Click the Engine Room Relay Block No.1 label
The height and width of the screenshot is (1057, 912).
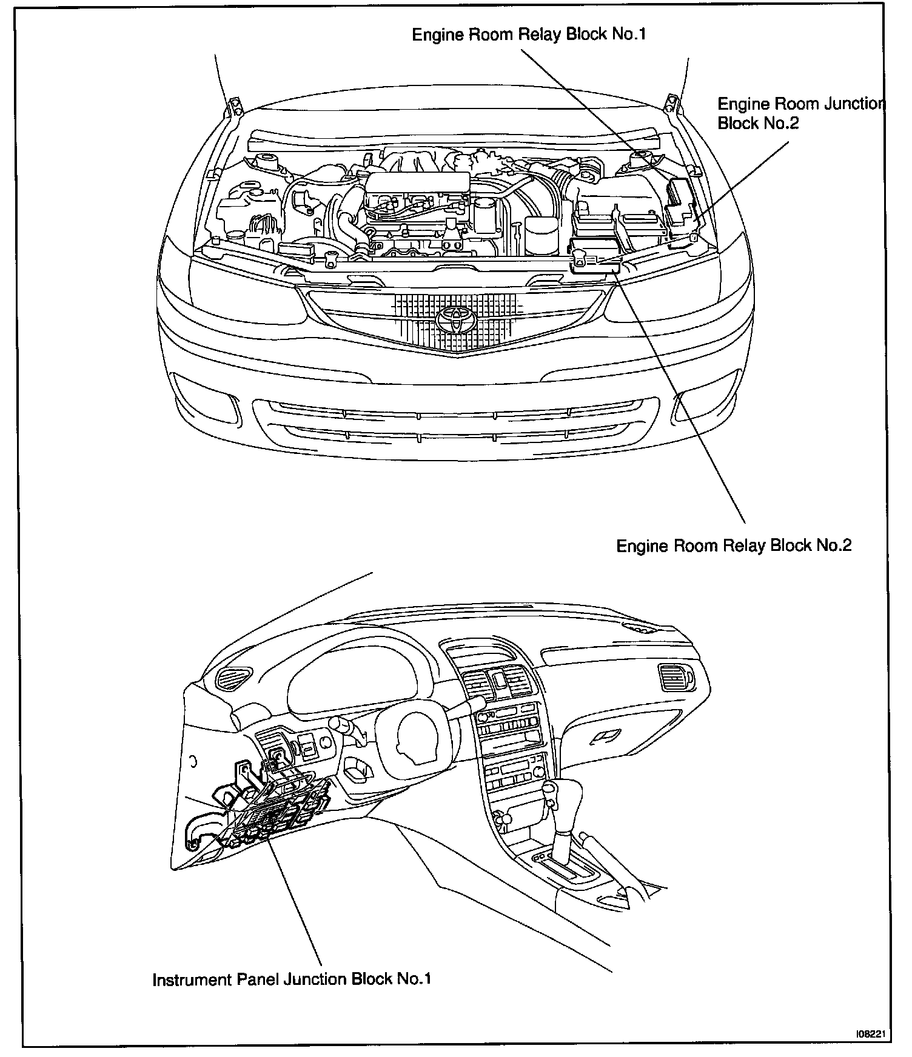coord(529,34)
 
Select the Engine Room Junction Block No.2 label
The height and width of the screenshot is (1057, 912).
coord(800,113)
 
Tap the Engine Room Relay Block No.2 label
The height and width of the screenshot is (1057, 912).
coord(734,545)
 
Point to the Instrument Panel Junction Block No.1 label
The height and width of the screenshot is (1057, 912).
coord(292,979)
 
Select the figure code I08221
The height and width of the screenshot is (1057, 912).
coord(873,1034)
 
